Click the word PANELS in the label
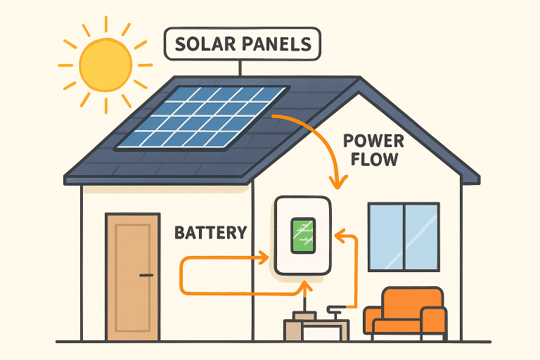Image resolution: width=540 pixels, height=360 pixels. click(277, 44)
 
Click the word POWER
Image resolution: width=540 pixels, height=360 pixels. click(373, 140)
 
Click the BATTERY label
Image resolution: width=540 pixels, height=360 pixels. click(210, 232)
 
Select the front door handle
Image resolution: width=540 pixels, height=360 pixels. click(146, 275)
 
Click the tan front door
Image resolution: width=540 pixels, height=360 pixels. click(131, 277)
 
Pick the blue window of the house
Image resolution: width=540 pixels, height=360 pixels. click(404, 236)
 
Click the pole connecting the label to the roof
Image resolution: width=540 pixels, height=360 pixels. click(240, 67)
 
